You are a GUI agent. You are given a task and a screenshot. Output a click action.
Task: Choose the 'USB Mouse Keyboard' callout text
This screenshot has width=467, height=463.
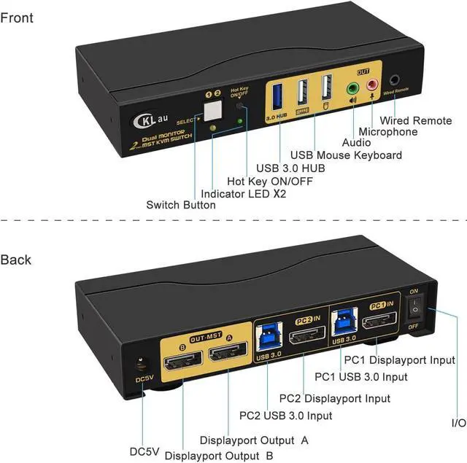click(346, 155)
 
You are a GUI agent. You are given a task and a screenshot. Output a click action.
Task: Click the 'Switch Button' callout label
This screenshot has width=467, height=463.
click(181, 205)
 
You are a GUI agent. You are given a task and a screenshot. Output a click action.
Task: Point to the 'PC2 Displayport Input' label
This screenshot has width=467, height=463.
click(335, 399)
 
